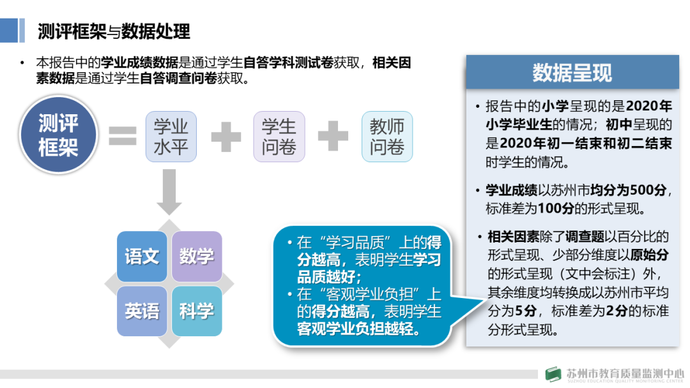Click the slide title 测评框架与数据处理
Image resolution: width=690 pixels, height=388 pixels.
pos(114,30)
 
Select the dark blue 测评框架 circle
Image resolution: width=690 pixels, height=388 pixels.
pos(58,136)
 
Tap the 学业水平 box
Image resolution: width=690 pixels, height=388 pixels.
pos(171,136)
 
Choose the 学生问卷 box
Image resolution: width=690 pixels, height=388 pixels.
pos(279,136)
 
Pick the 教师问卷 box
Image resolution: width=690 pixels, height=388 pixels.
pos(387,136)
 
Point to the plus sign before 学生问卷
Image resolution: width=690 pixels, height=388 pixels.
pos(226,136)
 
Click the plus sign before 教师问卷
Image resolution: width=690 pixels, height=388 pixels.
pos(333,136)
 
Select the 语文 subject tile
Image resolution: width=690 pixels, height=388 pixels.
pos(142,257)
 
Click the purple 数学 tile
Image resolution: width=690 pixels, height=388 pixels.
pos(197,257)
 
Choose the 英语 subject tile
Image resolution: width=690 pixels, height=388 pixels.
pos(142,311)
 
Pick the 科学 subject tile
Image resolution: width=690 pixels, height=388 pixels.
pos(197,311)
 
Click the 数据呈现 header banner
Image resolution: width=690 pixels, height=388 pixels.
pos(572,72)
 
